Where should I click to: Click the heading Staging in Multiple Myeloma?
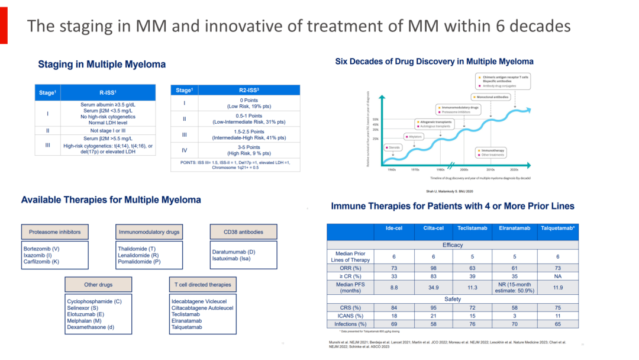(x=102, y=64)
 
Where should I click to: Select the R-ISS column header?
(x=107, y=92)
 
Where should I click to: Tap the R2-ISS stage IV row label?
(x=184, y=150)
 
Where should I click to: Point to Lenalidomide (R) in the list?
(x=139, y=255)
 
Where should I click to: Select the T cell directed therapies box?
(x=202, y=285)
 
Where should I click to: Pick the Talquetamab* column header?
(x=557, y=228)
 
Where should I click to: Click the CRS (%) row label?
(x=348, y=307)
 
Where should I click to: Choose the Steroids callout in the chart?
(x=395, y=146)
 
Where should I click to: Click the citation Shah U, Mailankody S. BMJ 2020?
(x=450, y=191)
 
